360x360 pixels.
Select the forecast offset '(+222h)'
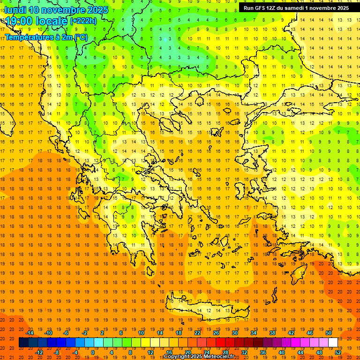(x=83, y=21)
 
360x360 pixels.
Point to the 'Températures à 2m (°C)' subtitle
(x=46, y=37)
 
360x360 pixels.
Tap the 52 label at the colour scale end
(x=338, y=352)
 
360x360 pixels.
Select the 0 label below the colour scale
(x=92, y=352)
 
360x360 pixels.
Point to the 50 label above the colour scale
(x=329, y=333)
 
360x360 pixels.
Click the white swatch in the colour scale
(x=333, y=343)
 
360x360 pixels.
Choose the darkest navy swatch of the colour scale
(x=23, y=343)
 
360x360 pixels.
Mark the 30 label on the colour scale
(x=234, y=333)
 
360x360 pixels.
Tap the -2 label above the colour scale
(x=84, y=333)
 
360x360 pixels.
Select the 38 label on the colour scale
(x=272, y=333)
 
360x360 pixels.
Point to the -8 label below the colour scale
(x=57, y=352)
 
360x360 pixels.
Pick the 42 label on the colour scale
(x=291, y=333)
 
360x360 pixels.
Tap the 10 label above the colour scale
(x=141, y=333)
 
